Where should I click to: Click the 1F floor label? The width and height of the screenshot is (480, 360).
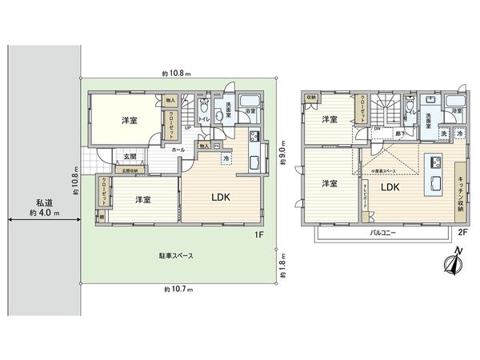[260, 234]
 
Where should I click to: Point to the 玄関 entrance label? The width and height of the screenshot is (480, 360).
[128, 157]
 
